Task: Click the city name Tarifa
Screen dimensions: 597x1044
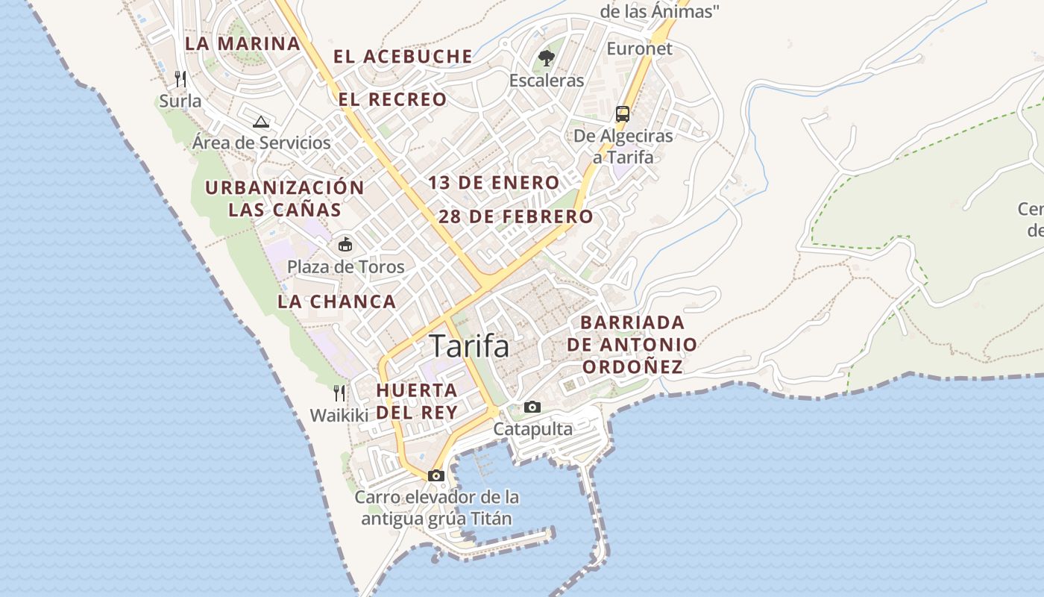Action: (469, 346)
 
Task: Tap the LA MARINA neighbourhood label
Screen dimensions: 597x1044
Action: (242, 43)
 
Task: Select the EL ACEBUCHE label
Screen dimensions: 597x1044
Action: (403, 57)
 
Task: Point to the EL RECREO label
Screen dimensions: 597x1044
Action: (392, 99)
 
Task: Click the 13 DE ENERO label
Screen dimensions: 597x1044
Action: (494, 183)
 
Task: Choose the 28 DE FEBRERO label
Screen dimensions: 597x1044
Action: (516, 217)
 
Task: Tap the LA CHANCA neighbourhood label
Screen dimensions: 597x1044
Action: (337, 302)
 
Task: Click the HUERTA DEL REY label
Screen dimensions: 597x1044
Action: (417, 401)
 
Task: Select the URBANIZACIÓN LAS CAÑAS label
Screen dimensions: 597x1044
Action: (285, 198)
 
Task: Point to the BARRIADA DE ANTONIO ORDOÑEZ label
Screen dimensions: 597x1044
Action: (632, 345)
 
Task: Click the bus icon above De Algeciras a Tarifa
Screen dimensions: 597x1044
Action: (623, 114)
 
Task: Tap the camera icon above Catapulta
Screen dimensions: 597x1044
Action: (532, 407)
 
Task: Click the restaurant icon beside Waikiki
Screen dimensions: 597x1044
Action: (339, 393)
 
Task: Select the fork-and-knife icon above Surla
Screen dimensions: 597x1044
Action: (180, 78)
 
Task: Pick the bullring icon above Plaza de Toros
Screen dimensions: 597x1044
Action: (345, 244)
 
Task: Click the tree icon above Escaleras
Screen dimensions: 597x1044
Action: (547, 58)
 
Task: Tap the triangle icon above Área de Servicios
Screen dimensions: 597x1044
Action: (260, 122)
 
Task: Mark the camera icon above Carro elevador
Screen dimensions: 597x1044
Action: (436, 475)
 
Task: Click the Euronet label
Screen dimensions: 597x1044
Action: (639, 49)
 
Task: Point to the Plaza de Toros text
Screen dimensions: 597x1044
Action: (346, 267)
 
